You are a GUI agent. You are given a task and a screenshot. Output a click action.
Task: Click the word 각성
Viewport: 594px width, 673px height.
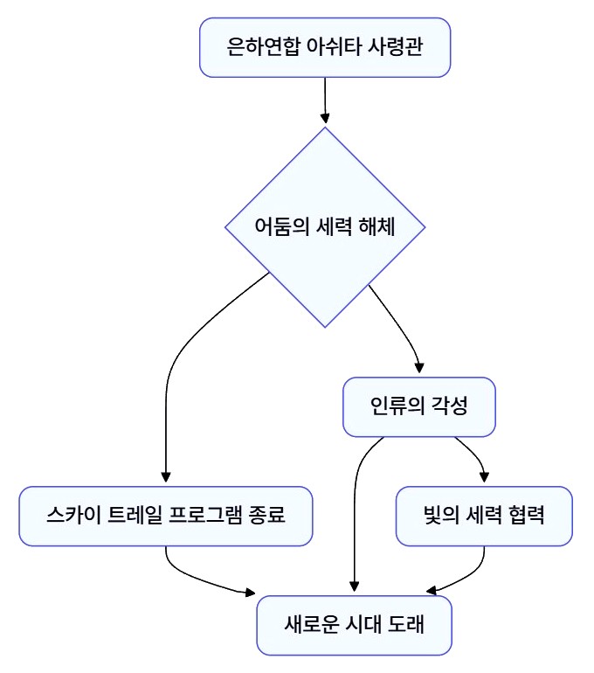450,406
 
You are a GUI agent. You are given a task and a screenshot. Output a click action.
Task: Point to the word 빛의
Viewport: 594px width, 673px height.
437,516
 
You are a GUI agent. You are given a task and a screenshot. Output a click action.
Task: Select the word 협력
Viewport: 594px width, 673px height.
525,516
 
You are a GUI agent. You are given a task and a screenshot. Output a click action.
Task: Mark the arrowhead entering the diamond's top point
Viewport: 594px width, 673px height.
326,119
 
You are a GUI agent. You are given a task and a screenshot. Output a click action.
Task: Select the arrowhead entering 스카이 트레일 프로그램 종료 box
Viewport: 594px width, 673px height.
165,478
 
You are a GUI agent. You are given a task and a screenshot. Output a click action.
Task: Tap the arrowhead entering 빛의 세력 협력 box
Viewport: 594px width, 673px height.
484,478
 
